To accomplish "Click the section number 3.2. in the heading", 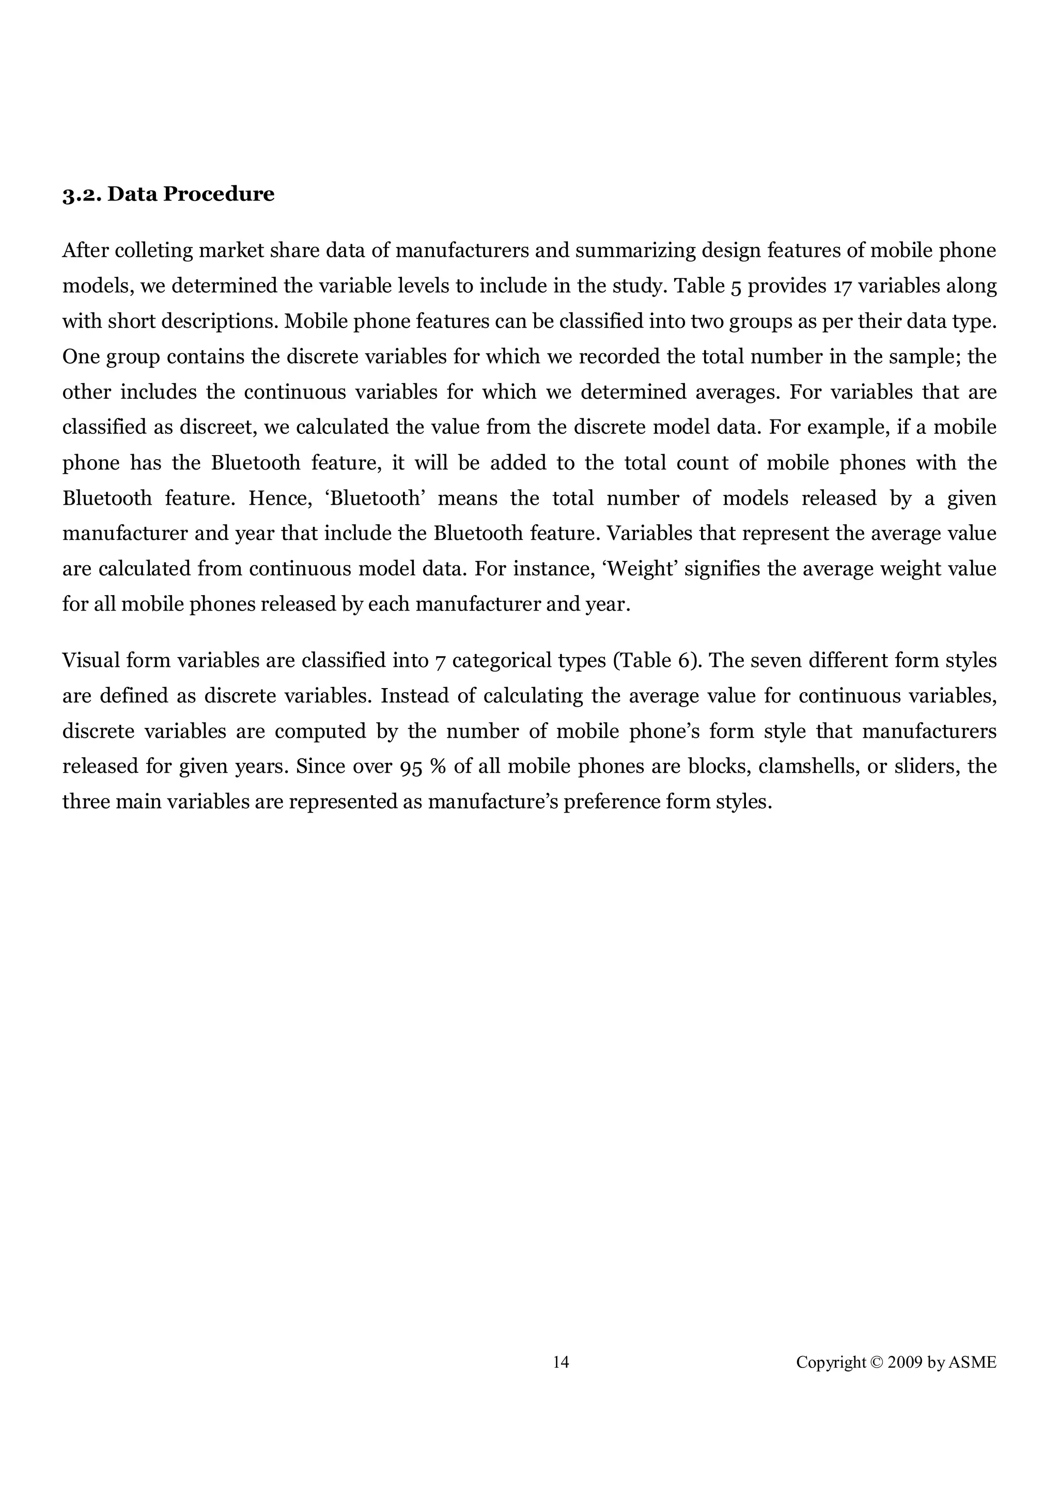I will [x=82, y=194].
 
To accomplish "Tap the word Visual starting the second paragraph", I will [x=90, y=661].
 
